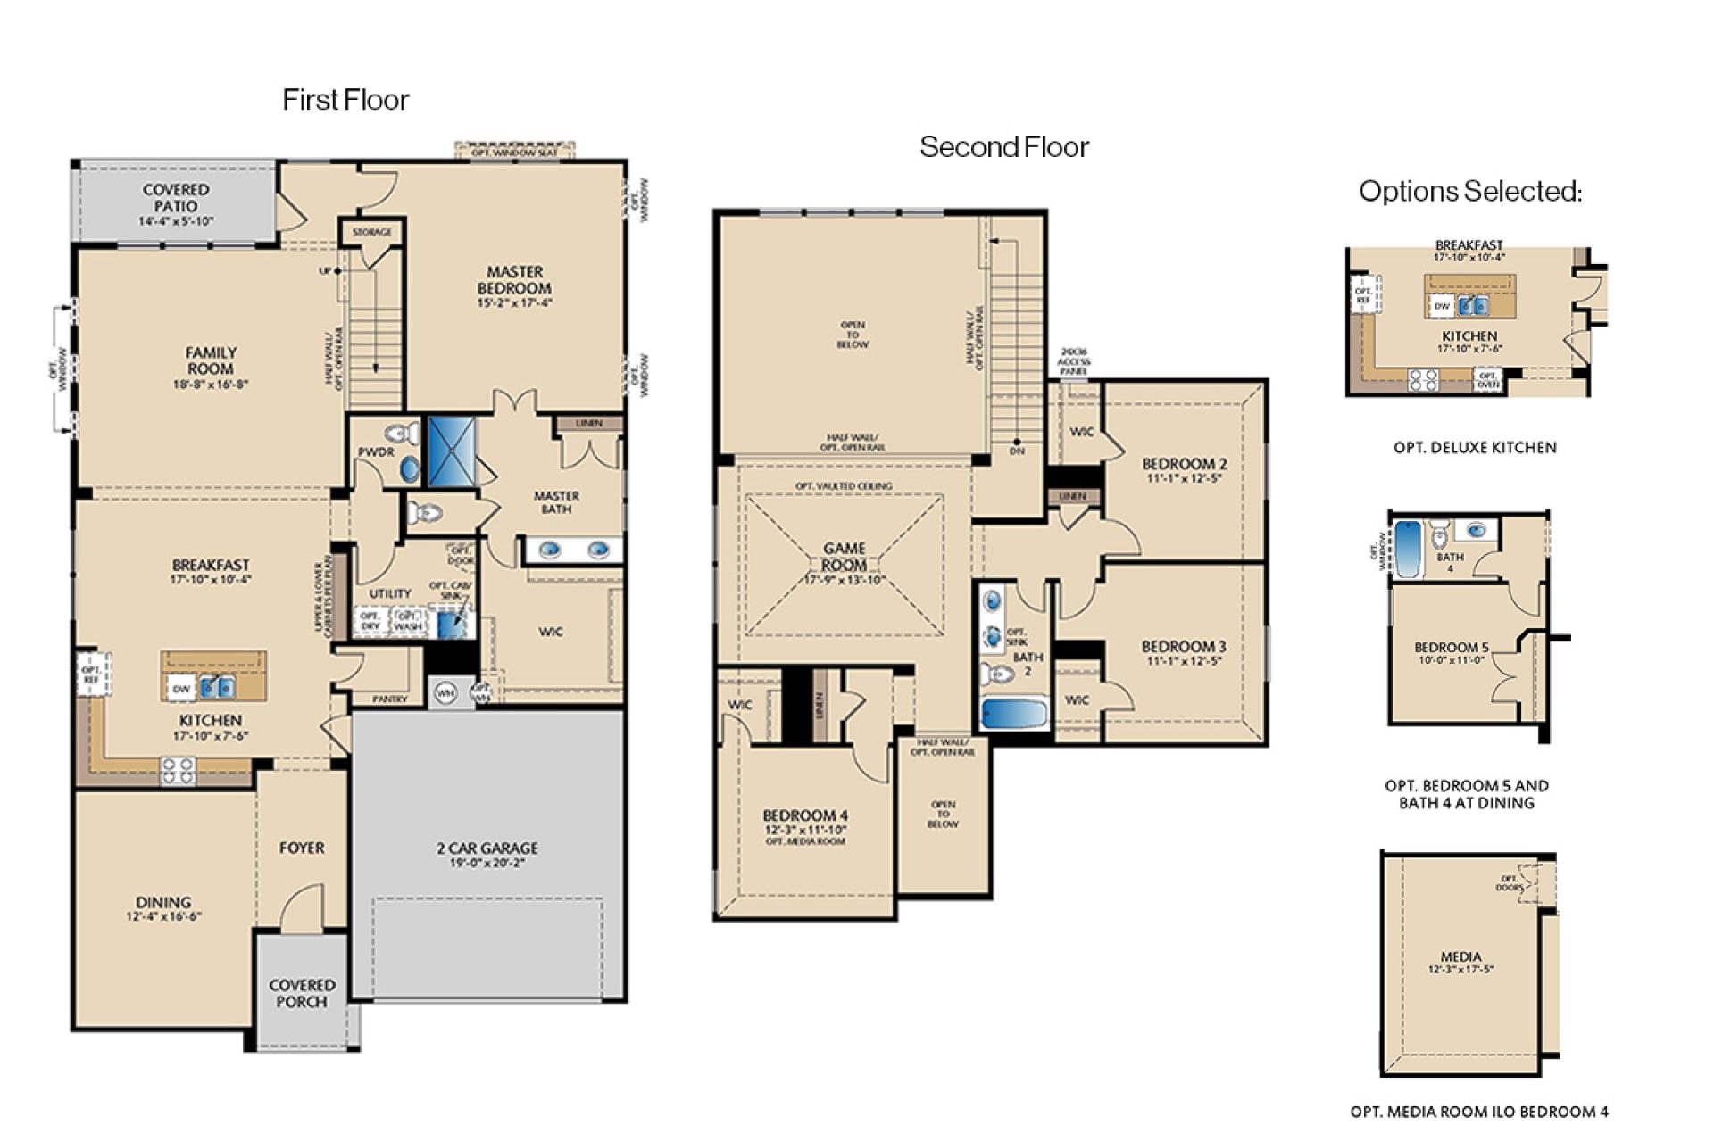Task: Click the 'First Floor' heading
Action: [345, 99]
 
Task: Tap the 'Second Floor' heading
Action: [1003, 146]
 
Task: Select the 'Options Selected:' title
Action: [1469, 191]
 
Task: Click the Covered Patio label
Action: [176, 198]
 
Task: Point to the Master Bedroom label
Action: [514, 280]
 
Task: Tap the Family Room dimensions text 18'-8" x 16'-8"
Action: [211, 385]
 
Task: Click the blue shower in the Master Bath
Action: [452, 451]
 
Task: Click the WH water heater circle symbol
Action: [445, 692]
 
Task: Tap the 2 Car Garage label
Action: [487, 848]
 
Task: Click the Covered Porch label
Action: [302, 993]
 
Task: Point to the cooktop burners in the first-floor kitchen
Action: [177, 770]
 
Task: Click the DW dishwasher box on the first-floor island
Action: [181, 689]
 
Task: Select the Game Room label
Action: [844, 557]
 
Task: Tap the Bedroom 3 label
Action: [1184, 647]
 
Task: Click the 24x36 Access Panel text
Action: [1073, 362]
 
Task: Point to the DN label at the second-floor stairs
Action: [1017, 451]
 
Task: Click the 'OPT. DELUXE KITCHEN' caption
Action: [1475, 448]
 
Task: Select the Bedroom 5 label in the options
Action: [1451, 648]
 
